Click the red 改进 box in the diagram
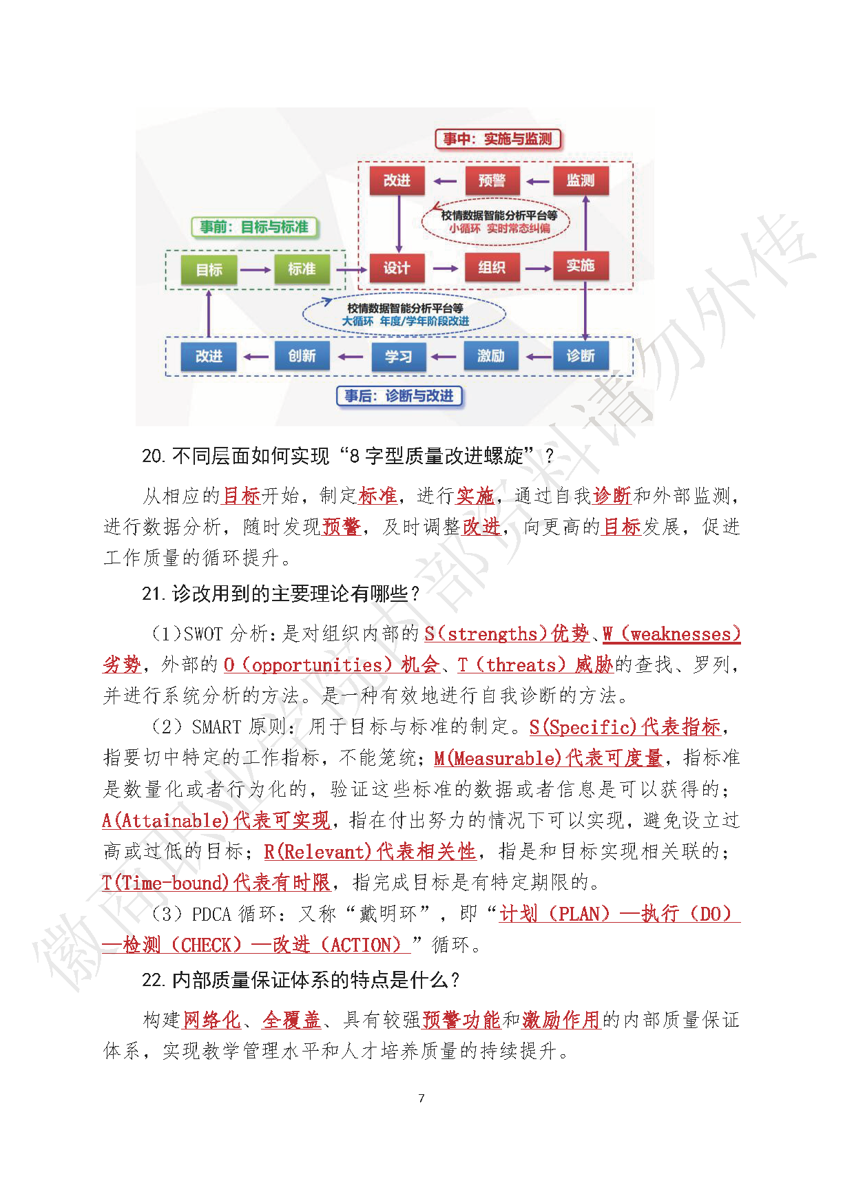pos(397,180)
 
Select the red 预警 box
pos(492,180)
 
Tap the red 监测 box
pos(581,180)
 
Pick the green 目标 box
pos(209,270)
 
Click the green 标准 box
pos(302,269)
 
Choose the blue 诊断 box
pos(581,356)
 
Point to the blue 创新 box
pos(302,356)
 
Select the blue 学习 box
pos(398,357)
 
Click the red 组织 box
pos(492,268)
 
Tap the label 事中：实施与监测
pos(498,139)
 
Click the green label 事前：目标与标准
pos(254,227)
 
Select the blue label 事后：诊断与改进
pos(399,396)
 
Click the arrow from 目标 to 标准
pos(256,270)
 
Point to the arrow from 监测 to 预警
pos(537,182)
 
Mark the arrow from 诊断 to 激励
pos(537,357)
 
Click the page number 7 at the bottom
pos(421,1098)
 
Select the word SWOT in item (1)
pos(203,634)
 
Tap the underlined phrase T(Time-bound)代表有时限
pos(216,882)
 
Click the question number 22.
pos(152,980)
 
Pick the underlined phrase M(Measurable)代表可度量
pos(548,758)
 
